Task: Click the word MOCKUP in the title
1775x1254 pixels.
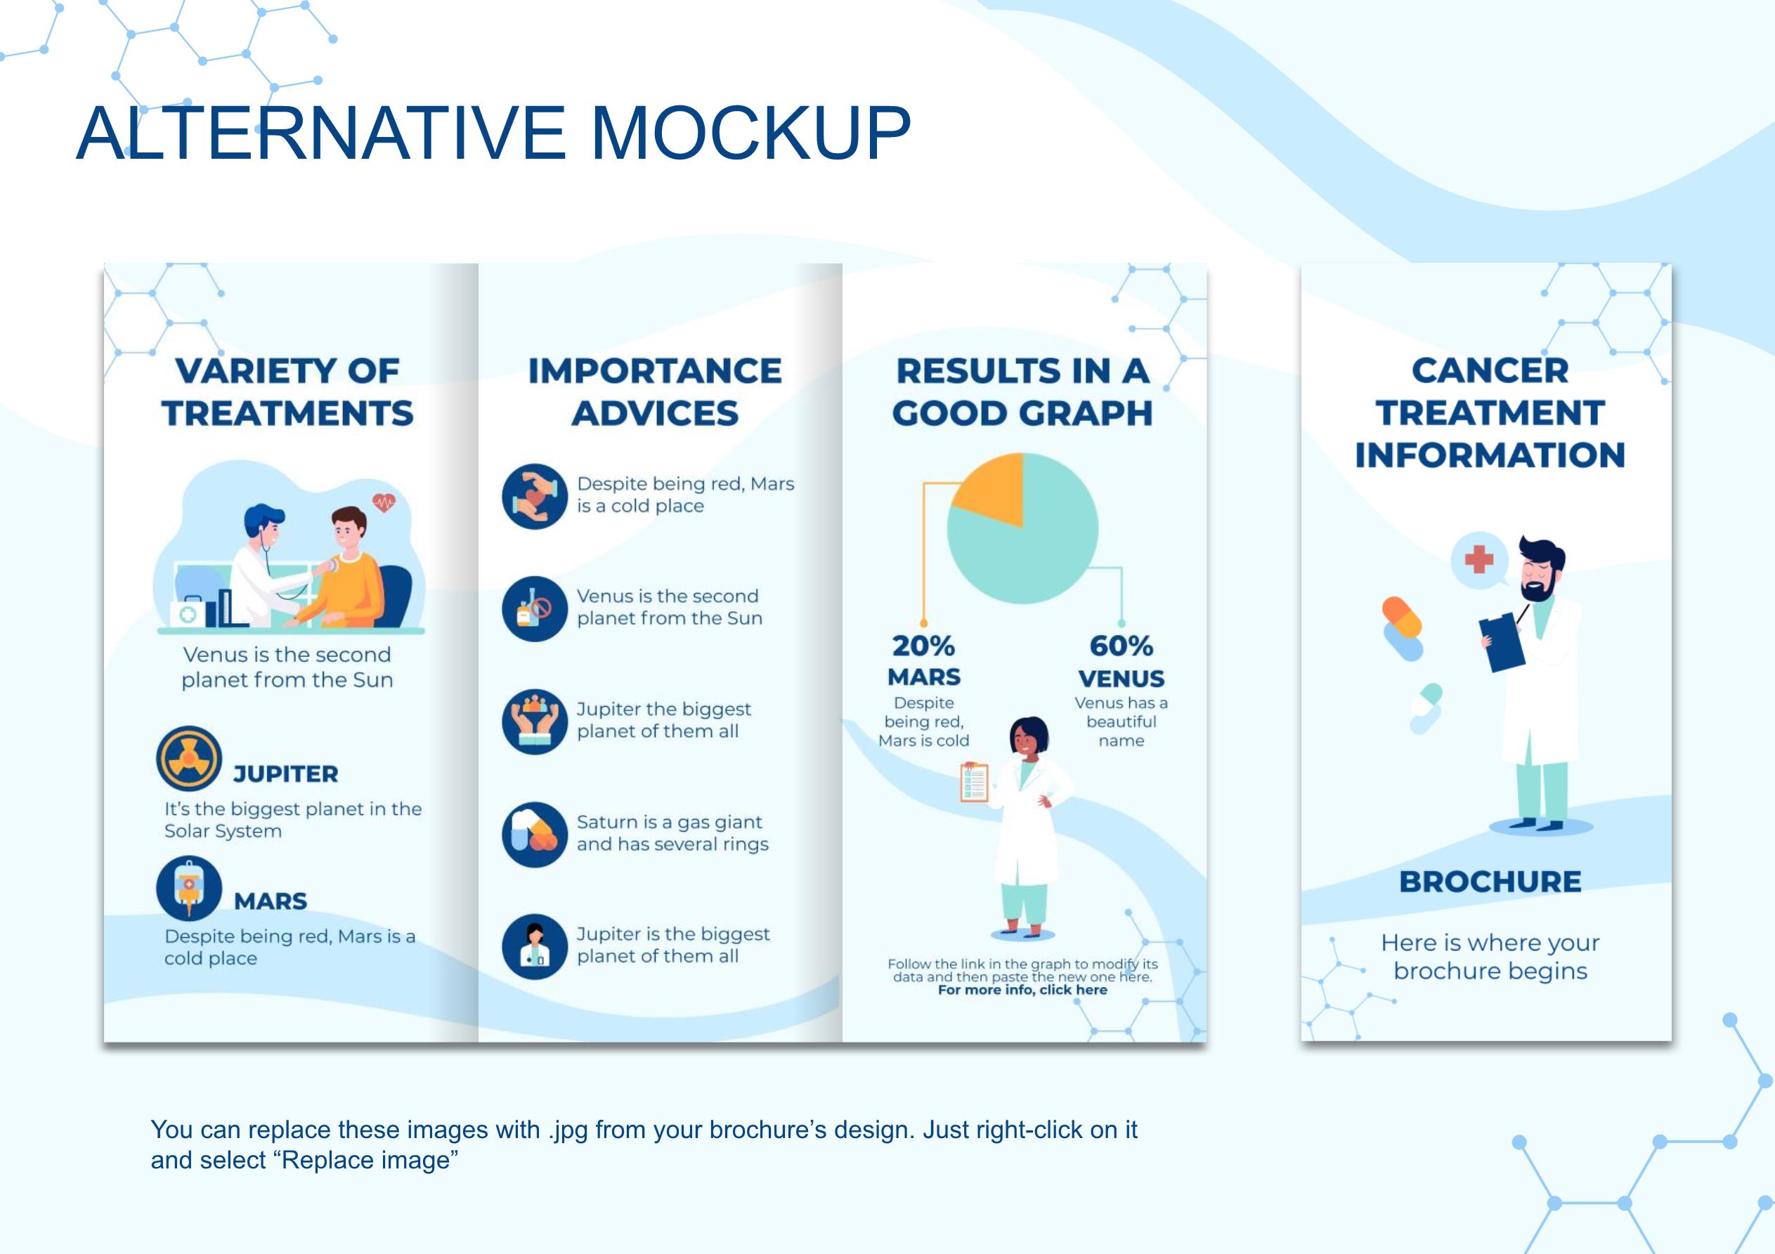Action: tap(750, 132)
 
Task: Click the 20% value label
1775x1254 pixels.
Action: tap(923, 646)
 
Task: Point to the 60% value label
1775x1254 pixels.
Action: tap(1121, 646)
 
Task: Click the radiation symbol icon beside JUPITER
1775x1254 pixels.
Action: tap(188, 759)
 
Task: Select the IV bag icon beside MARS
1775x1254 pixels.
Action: tap(188, 888)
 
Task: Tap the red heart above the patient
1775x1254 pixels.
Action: tap(384, 503)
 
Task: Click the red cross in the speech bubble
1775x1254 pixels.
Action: tap(1478, 559)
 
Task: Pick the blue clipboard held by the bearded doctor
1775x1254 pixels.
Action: tap(1502, 641)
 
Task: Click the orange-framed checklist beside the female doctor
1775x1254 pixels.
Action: tap(974, 783)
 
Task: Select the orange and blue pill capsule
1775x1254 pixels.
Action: tap(1403, 629)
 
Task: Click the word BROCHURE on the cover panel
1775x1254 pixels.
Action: tap(1490, 882)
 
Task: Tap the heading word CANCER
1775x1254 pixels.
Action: tap(1490, 370)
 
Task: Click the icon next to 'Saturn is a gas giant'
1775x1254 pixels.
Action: tap(534, 834)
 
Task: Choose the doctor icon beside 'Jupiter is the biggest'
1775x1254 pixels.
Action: tap(534, 946)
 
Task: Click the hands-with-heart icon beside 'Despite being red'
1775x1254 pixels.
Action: tap(534, 497)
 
